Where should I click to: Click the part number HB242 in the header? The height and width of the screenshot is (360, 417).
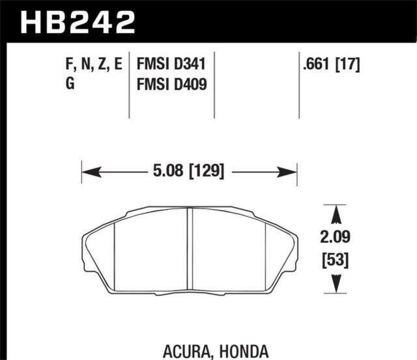[x=79, y=22]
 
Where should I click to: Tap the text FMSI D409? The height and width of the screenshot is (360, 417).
[x=175, y=85]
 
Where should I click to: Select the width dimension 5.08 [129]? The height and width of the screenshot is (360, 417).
[x=188, y=172]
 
